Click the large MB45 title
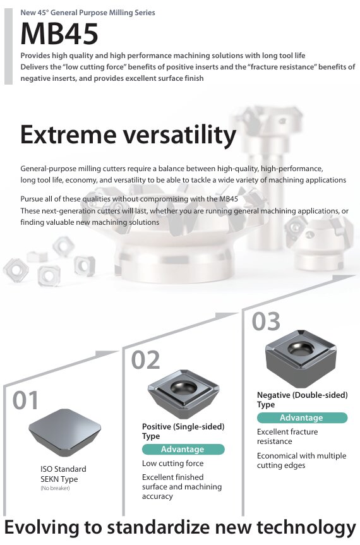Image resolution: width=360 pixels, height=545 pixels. click(x=59, y=33)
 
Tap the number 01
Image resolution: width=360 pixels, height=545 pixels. click(x=25, y=400)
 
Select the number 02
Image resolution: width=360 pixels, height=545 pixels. click(x=146, y=360)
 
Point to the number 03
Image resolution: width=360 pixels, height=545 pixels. click(x=266, y=321)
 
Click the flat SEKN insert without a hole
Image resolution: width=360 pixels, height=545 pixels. click(x=64, y=433)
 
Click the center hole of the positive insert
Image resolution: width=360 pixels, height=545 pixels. click(x=184, y=388)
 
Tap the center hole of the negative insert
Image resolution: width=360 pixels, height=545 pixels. click(x=301, y=348)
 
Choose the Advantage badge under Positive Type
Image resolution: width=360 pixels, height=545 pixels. click(x=183, y=449)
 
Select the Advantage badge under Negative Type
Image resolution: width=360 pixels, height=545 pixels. click(x=302, y=417)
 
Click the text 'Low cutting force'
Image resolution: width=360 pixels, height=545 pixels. click(x=172, y=464)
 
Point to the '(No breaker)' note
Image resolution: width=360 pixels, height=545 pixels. click(x=55, y=488)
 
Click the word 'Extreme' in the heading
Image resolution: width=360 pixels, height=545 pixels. click(x=68, y=135)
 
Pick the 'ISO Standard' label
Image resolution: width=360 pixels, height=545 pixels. click(x=63, y=469)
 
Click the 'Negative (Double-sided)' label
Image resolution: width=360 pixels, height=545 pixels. click(x=303, y=395)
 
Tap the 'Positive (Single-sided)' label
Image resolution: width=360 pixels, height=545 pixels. click(x=183, y=426)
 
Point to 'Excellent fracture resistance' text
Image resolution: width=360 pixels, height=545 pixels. click(x=287, y=436)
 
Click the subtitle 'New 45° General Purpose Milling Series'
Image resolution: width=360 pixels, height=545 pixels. click(x=88, y=13)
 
